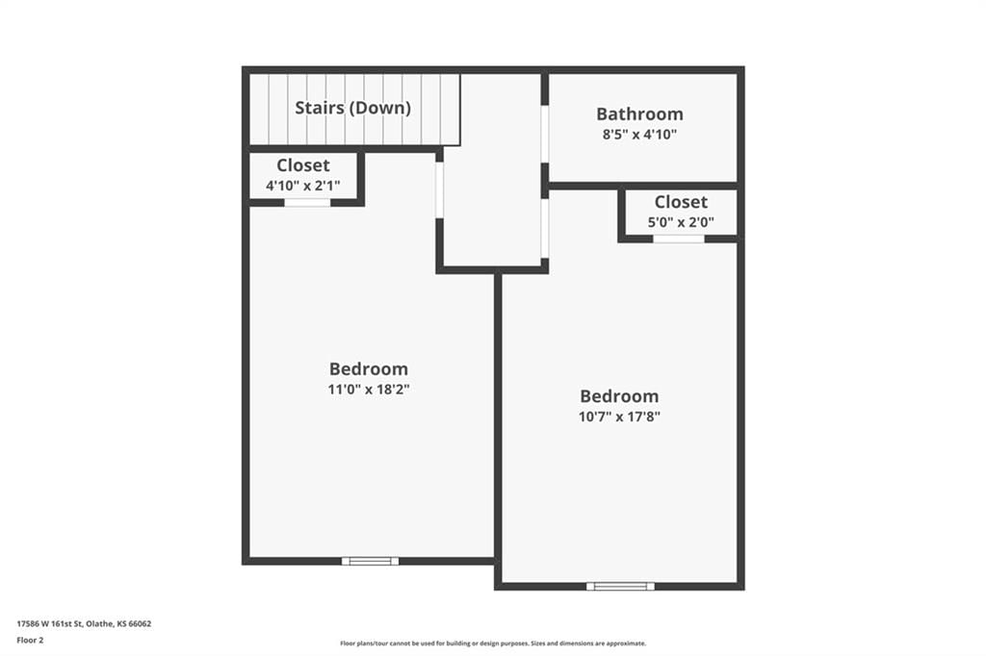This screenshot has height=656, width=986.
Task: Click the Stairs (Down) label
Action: [352, 108]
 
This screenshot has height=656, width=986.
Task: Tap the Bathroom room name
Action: [639, 114]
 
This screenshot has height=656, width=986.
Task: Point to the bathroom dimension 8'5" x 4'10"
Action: [639, 134]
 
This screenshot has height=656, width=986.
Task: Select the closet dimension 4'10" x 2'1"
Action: [303, 186]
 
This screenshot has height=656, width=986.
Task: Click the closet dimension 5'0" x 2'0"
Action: [681, 222]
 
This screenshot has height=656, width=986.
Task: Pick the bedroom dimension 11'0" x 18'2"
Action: [369, 389]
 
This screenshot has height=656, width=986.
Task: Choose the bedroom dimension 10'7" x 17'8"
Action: [619, 416]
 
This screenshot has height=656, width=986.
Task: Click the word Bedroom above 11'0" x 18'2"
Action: [369, 368]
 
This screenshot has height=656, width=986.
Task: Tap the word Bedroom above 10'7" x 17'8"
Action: [619, 396]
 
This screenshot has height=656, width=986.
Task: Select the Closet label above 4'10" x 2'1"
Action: [303, 165]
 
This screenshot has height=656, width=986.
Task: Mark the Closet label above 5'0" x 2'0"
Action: [681, 202]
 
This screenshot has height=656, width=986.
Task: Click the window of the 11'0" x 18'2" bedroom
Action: [371, 561]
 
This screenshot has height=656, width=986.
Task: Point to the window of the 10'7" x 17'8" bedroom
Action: [621, 586]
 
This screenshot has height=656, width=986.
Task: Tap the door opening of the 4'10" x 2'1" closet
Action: [307, 202]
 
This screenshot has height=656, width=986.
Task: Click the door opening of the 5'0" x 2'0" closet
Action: [679, 239]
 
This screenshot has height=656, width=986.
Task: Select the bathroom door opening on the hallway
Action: [545, 134]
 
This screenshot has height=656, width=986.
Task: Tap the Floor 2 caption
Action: [30, 641]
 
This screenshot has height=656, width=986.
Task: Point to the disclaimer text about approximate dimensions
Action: [493, 643]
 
